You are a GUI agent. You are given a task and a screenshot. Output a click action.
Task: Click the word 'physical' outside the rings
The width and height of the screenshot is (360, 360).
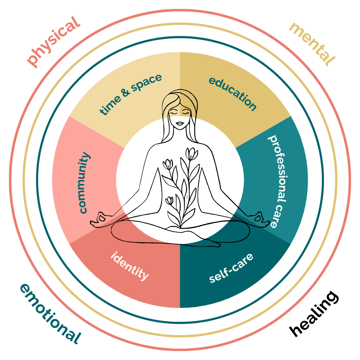54,41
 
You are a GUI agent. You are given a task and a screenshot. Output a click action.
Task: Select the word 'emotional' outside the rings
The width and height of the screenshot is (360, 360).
50,314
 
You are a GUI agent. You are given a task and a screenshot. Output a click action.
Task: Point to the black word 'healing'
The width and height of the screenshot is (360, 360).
313,313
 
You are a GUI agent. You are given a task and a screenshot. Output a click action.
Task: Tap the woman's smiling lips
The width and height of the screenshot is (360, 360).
180,124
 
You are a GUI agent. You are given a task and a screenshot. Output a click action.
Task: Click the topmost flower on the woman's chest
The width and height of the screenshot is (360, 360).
191,153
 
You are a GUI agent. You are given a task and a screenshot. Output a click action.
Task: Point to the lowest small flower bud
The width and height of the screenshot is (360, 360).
170,200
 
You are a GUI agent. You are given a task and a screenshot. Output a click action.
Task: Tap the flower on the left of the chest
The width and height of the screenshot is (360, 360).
168,164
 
